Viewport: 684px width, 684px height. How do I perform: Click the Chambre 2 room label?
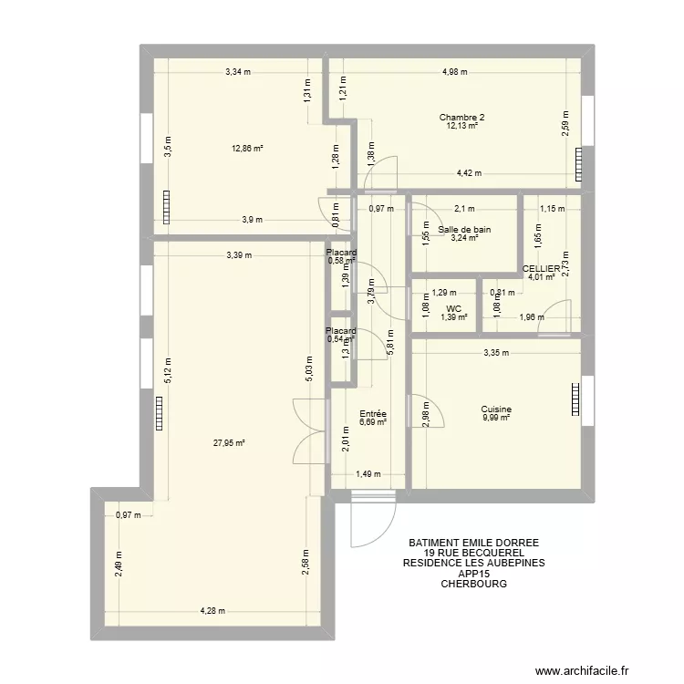coord(461,117)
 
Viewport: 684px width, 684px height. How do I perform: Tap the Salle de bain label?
coord(463,230)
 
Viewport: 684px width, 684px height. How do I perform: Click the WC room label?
coord(453,308)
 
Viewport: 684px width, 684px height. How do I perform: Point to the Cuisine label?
coord(497,409)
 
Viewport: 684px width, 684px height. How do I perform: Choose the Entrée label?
coord(373,413)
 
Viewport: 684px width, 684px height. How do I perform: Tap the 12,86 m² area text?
coord(247,148)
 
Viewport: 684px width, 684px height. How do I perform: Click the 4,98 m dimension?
coord(454,72)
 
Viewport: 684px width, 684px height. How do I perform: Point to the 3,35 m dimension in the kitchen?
coord(496,353)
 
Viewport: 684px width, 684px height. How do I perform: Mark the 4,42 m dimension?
coord(470,173)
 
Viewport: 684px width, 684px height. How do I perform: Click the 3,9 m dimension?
coord(252,219)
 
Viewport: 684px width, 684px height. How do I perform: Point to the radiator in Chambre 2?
coord(577,164)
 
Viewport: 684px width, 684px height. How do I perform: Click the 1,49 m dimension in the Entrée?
coord(368,474)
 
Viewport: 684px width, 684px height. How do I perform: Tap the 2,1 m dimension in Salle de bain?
coord(464,209)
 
